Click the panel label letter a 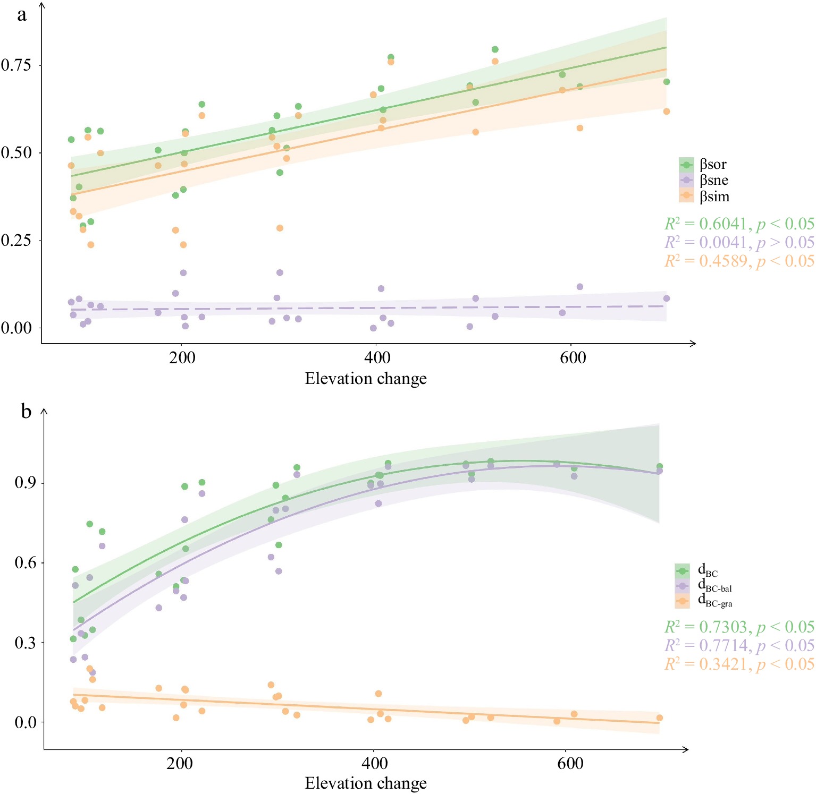pos(21,15)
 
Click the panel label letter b pos(26,412)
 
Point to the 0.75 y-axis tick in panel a pos(16,65)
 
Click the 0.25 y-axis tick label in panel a pos(16,240)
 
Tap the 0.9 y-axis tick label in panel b pos(25,483)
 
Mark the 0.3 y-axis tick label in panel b pos(25,643)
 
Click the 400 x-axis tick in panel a pos(377,357)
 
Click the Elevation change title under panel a pos(366,379)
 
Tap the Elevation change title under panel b pos(366,783)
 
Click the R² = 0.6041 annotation pos(739,224)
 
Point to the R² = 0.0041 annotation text pos(739,242)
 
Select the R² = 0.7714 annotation pos(739,645)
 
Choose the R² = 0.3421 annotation pos(739,664)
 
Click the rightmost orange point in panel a pos(666,112)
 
